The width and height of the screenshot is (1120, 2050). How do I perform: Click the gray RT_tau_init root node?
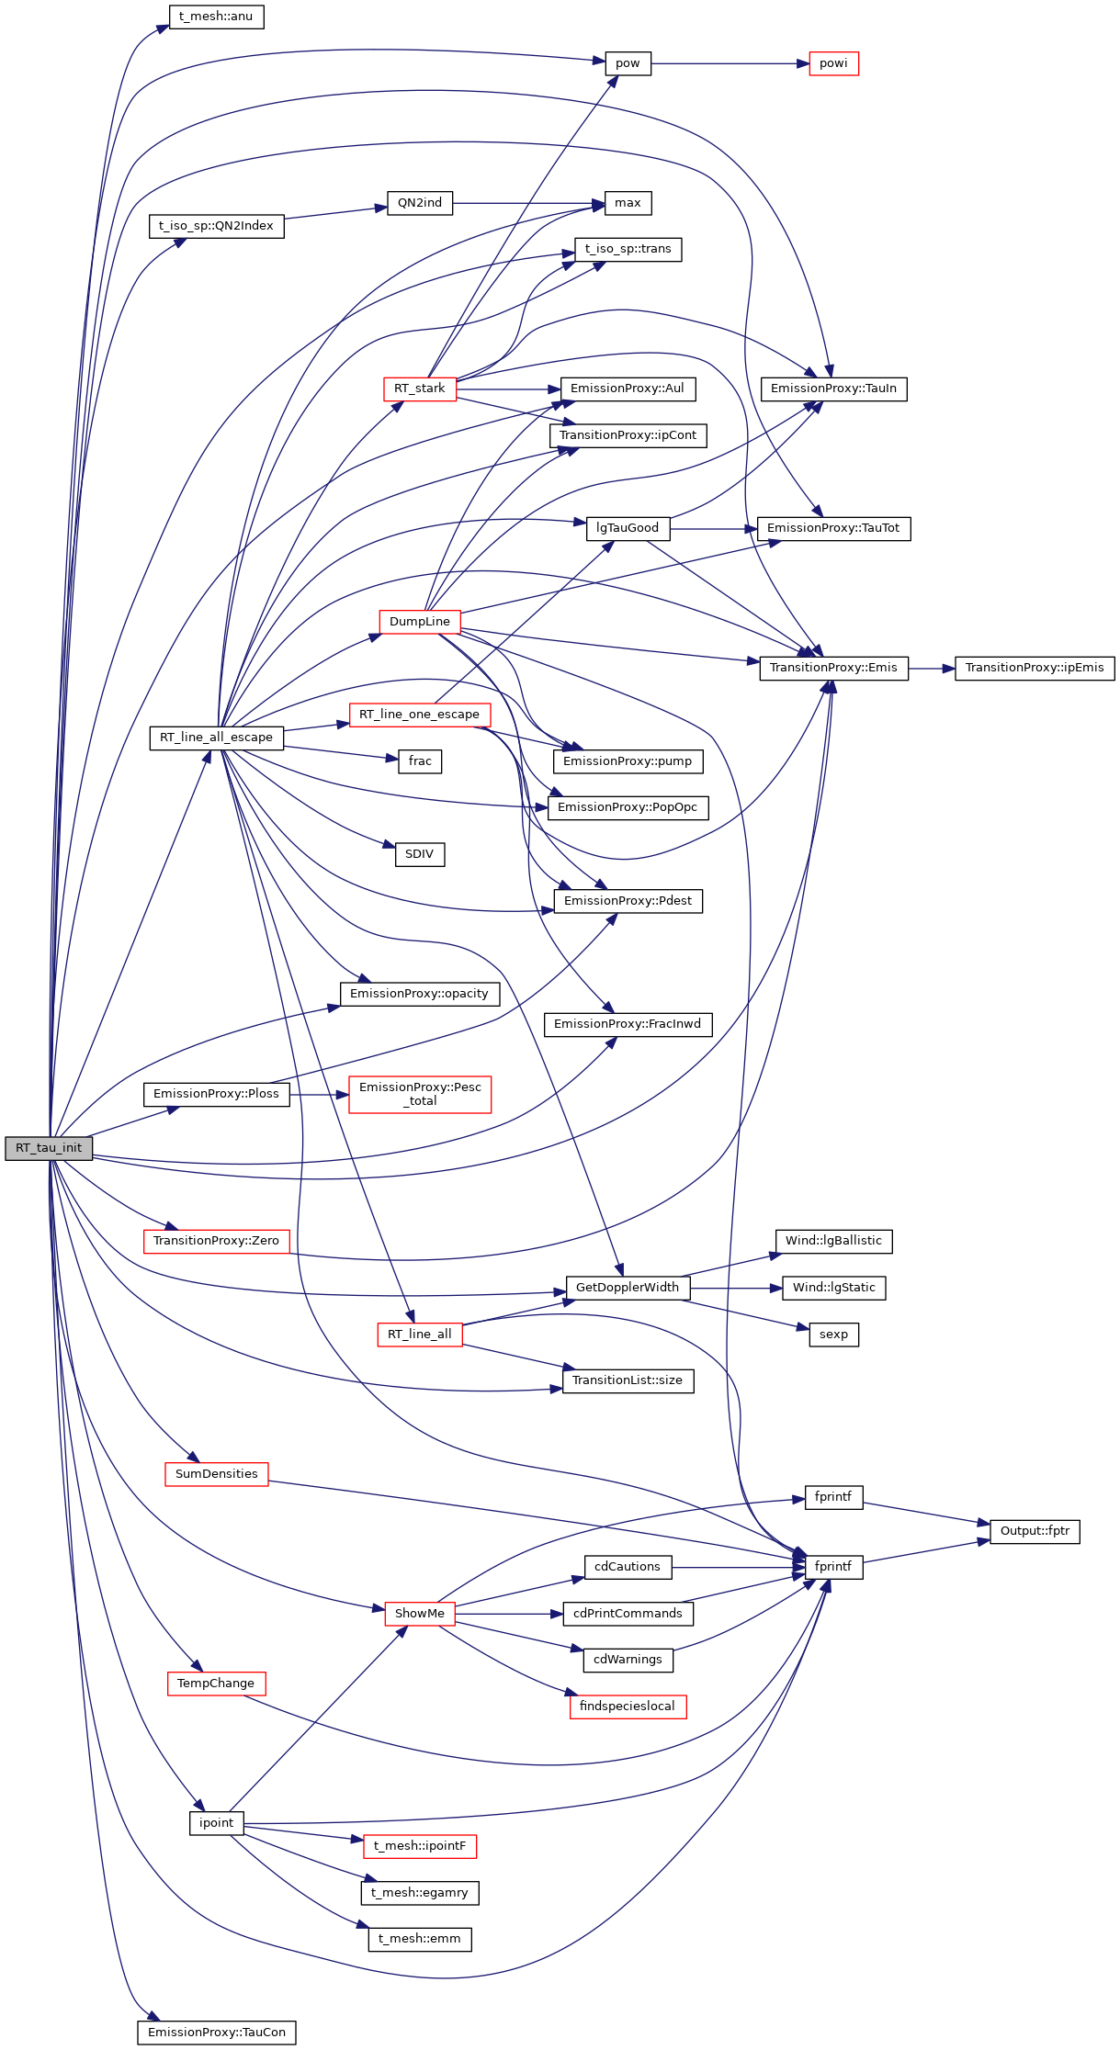(49, 1148)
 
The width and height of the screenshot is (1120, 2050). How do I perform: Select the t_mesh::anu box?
(216, 17)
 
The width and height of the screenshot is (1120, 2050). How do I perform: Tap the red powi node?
(833, 63)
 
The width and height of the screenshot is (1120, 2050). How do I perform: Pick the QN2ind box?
(420, 203)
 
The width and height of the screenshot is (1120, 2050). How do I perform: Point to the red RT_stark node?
(420, 389)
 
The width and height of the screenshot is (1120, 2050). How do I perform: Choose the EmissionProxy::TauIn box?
(833, 389)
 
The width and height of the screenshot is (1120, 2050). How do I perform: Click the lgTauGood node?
(628, 528)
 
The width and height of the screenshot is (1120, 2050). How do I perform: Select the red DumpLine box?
(420, 622)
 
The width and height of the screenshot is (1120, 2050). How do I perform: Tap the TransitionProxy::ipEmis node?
(1035, 668)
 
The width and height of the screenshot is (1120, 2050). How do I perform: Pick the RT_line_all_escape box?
(216, 738)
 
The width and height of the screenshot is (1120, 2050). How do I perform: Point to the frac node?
(420, 761)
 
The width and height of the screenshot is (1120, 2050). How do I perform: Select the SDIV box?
(420, 854)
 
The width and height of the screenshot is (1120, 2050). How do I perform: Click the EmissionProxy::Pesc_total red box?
(420, 1094)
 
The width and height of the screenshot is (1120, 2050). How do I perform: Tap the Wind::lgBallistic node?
(833, 1241)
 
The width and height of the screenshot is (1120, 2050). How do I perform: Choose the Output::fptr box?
(1035, 1531)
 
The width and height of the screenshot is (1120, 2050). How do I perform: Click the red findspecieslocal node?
(628, 1706)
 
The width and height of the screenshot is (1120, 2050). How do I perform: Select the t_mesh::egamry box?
(420, 1893)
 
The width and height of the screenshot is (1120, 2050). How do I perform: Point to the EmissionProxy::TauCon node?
(216, 2033)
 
